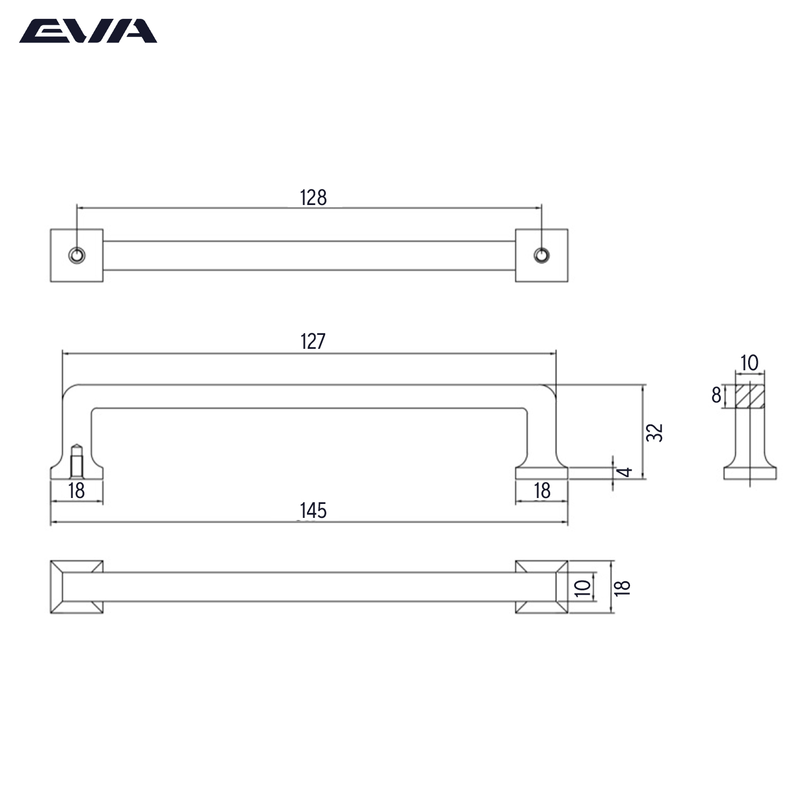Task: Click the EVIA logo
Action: tap(88, 31)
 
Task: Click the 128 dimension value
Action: tap(313, 198)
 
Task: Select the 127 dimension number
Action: tap(313, 341)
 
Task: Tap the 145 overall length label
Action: tap(313, 510)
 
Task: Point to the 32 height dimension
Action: tap(655, 433)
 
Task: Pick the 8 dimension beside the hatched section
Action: tap(716, 396)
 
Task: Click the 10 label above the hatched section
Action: tap(749, 363)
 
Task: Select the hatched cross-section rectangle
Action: tap(750, 397)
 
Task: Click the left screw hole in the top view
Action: tap(77, 255)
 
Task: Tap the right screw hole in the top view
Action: tap(541, 255)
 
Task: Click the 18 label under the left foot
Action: tap(77, 491)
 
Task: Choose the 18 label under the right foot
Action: tap(542, 491)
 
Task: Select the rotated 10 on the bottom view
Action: tap(583, 587)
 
